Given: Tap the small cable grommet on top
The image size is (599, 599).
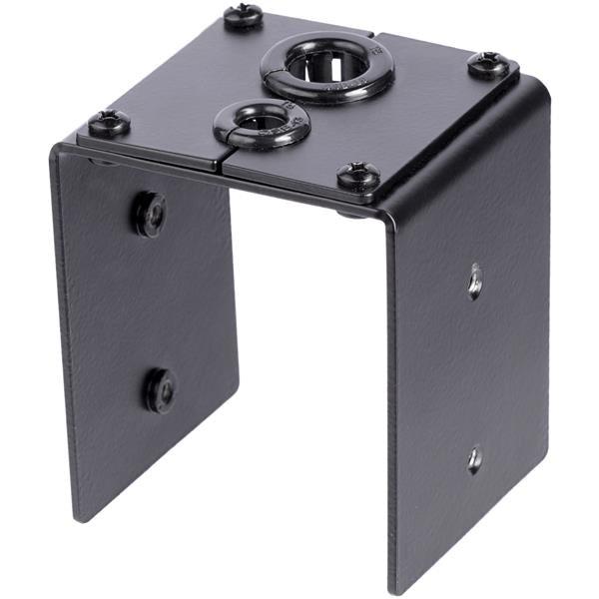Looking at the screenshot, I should click(x=262, y=125).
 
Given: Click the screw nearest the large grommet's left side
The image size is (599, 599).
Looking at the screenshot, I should click(x=243, y=16).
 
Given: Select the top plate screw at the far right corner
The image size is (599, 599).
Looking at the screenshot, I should click(x=488, y=65).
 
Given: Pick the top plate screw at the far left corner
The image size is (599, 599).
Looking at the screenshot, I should click(x=108, y=124).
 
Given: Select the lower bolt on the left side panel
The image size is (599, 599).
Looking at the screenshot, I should click(x=159, y=388).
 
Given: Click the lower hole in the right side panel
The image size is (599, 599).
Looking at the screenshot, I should click(x=475, y=458).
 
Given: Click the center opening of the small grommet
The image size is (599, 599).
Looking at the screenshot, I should click(x=263, y=122).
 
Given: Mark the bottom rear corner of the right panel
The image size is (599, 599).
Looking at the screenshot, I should click(x=548, y=504).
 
